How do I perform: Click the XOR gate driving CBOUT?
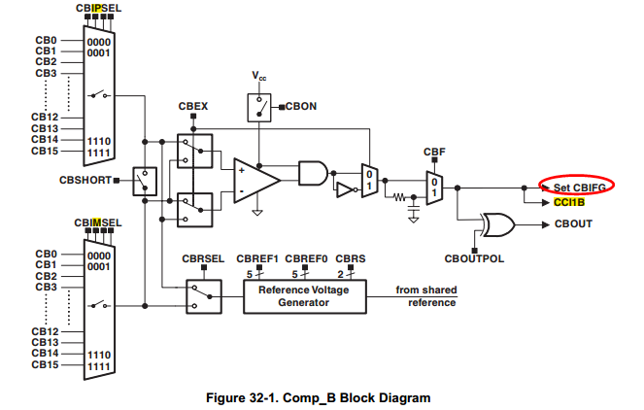pyautogui.click(x=500, y=224)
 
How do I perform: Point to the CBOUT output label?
pyautogui.click(x=573, y=224)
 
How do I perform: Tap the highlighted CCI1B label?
pyautogui.click(x=569, y=203)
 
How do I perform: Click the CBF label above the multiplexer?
pyautogui.click(x=434, y=153)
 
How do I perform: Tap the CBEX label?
pyautogui.click(x=194, y=105)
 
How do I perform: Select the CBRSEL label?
pyautogui.click(x=204, y=259)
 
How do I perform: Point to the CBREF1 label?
pyautogui.click(x=260, y=259)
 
